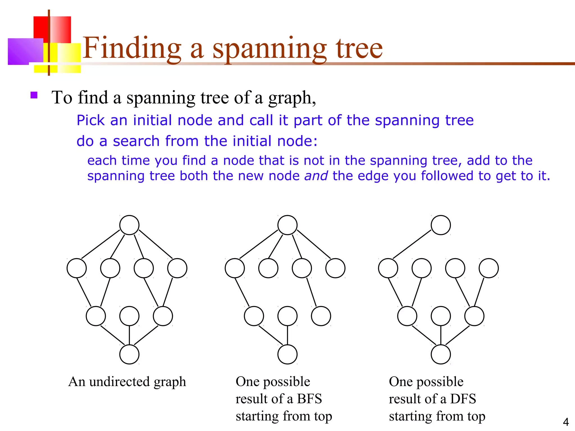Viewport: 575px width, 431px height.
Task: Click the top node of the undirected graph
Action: (129, 225)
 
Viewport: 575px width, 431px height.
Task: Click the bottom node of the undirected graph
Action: (129, 354)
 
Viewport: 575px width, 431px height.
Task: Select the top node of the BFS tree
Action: (287, 225)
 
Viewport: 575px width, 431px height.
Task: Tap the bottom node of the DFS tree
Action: (441, 354)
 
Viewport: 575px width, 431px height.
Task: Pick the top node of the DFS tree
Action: (441, 225)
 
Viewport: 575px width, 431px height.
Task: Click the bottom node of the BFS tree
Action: (287, 354)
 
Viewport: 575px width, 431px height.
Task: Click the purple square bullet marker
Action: (34, 95)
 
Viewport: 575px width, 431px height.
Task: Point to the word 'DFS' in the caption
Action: (463, 399)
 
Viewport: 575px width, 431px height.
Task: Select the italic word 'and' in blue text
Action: (316, 176)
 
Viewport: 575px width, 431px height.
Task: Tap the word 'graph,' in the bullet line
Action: (292, 98)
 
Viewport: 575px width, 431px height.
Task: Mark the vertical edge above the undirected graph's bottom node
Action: (129, 335)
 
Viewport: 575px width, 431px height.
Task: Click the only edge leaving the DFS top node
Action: (412, 244)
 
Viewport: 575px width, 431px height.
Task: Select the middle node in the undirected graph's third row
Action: (129, 316)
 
